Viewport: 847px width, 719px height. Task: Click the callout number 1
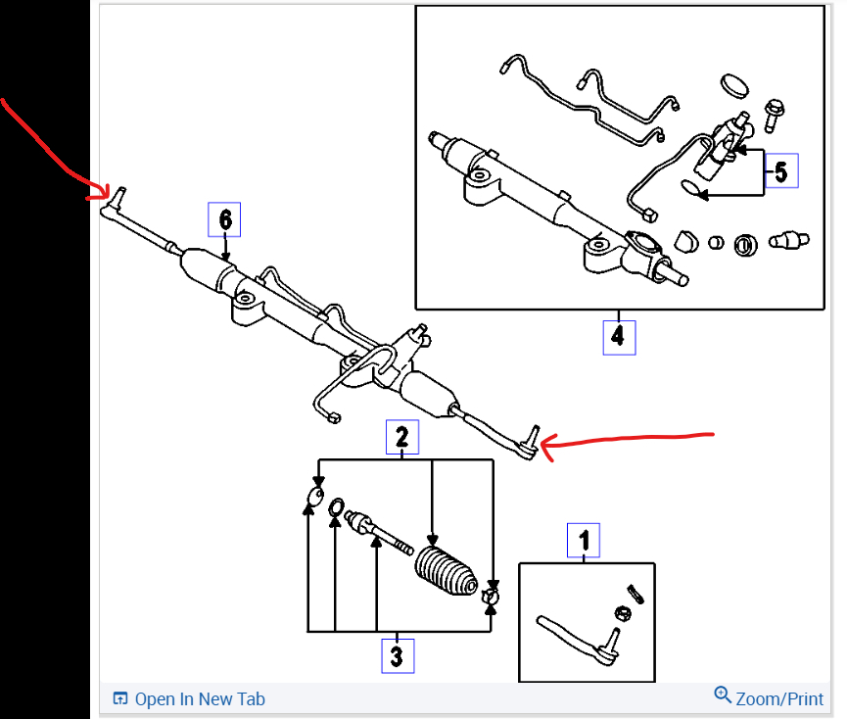(x=584, y=540)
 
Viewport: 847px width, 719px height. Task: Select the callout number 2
(x=401, y=437)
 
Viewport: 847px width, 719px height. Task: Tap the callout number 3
(x=397, y=655)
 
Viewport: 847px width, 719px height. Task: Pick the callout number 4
(x=618, y=337)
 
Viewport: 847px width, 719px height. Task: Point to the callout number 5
(x=780, y=171)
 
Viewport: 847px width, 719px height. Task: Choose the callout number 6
(x=224, y=219)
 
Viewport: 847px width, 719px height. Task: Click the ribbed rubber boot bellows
(x=446, y=571)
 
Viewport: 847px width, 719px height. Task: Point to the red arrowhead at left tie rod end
(x=105, y=194)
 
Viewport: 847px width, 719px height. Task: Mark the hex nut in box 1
(x=621, y=613)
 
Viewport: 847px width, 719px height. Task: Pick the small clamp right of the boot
(x=492, y=591)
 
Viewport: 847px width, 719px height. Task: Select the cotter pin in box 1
(x=634, y=592)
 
